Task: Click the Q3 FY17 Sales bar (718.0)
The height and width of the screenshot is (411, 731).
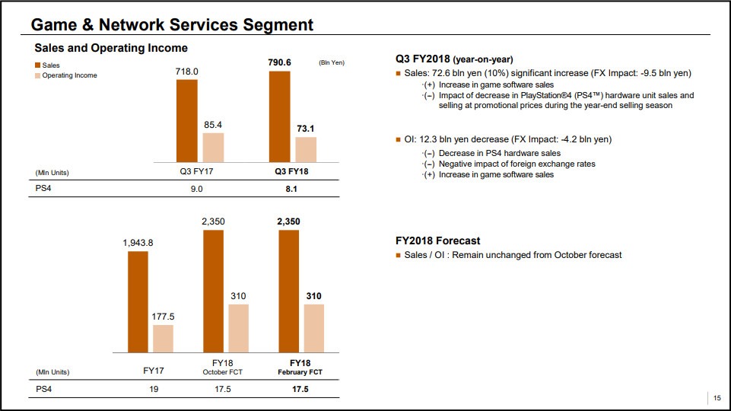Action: tap(186, 120)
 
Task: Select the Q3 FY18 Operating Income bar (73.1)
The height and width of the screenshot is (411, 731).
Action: tap(306, 149)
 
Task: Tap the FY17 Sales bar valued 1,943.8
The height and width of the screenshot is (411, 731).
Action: tap(138, 301)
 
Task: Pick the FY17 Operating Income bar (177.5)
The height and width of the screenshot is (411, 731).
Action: tap(163, 338)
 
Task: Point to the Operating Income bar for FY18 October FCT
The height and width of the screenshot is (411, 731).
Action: tap(238, 328)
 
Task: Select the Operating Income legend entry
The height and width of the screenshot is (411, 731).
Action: tap(69, 75)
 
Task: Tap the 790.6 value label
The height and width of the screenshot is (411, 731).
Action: tap(279, 62)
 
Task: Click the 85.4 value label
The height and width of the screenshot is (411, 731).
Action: tap(213, 123)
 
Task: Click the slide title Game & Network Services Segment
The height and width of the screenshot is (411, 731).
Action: tap(172, 25)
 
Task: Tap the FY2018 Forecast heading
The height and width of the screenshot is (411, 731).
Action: tap(437, 241)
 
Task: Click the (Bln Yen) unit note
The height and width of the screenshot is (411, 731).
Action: tap(331, 62)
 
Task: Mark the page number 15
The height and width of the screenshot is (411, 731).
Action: tap(717, 397)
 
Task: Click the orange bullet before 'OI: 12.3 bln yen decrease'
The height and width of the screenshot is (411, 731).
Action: tap(398, 140)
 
